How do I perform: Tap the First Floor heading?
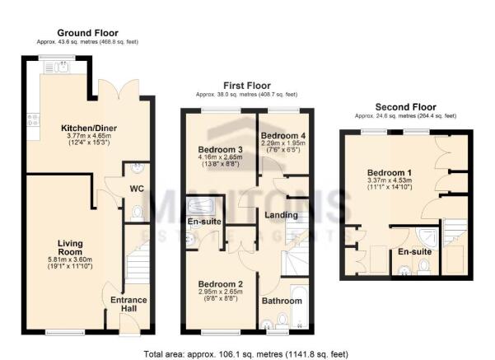[x=246, y=84]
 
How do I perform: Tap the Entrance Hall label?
[x=128, y=305]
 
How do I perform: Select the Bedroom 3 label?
[x=217, y=149]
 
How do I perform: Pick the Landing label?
[x=282, y=215]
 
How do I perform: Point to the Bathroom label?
[x=282, y=302]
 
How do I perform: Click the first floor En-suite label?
[x=203, y=222]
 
